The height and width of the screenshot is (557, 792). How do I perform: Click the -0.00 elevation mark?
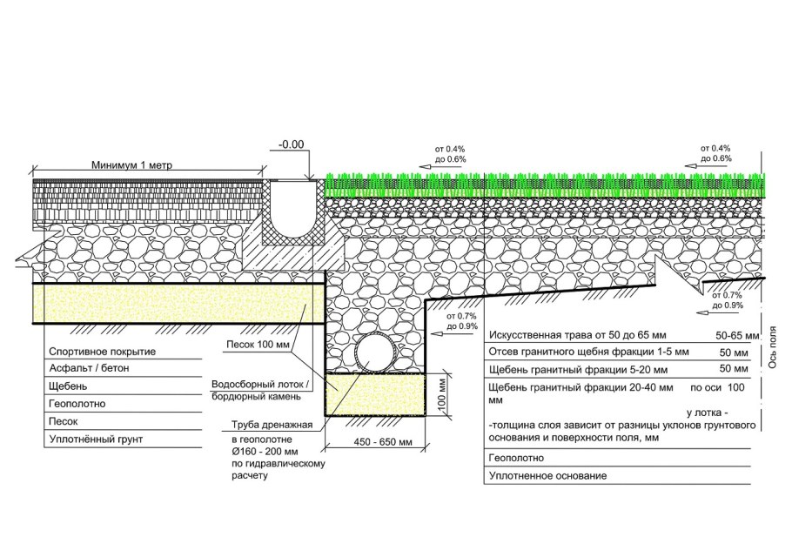pos(293,145)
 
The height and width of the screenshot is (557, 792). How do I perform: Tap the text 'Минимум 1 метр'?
pos(136,164)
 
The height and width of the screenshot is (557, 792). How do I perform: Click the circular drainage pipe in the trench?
pos(376,352)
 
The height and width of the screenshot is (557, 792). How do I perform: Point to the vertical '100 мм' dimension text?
pos(443,393)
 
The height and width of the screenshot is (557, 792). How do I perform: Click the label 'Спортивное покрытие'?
pos(98,352)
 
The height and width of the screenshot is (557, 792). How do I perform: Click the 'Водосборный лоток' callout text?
pos(257,385)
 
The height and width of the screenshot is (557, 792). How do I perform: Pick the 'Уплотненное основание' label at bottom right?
pos(547,476)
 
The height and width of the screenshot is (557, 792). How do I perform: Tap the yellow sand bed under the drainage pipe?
pos(376,392)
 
